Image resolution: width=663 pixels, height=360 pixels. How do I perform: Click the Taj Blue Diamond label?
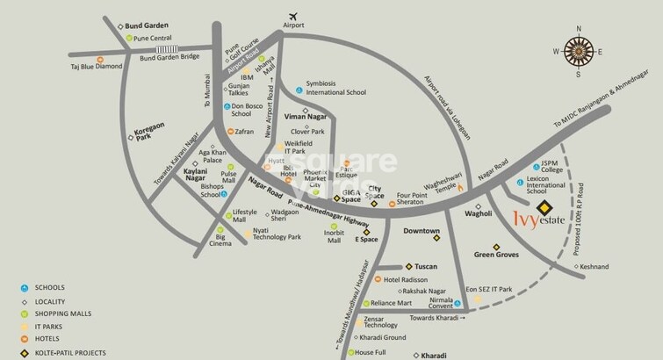(97, 67)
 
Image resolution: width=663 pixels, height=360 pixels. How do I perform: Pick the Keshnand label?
(594, 265)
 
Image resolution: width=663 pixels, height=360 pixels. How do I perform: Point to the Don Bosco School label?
(247, 109)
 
